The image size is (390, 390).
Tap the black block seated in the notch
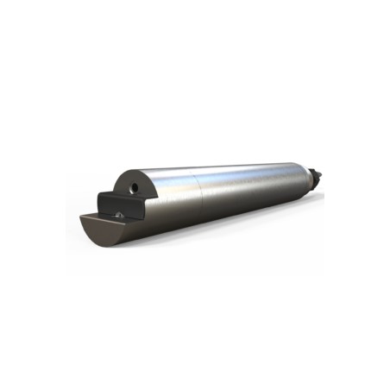[116, 204]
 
